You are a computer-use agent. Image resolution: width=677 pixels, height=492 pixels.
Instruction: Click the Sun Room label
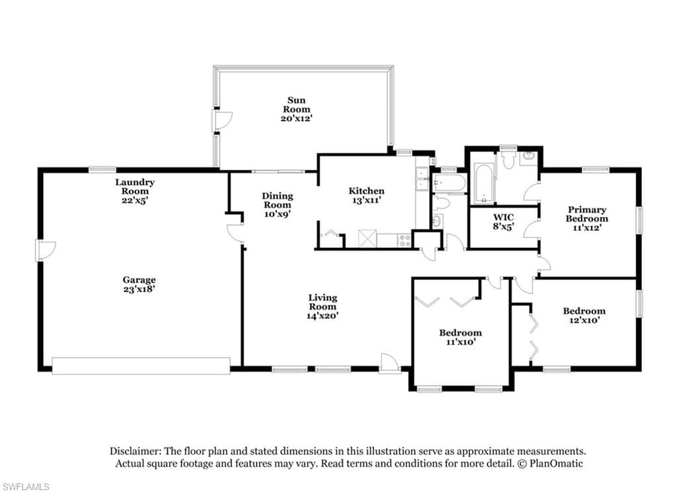pyautogui.click(x=296, y=109)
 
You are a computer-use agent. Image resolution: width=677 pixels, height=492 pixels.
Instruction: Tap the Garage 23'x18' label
pyautogui.click(x=139, y=284)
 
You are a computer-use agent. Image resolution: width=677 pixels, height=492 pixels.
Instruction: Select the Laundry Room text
pyautogui.click(x=135, y=186)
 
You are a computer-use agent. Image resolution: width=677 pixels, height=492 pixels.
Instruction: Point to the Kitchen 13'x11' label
pyautogui.click(x=366, y=195)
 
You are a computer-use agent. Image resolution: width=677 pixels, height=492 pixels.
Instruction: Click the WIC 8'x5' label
pyautogui.click(x=503, y=221)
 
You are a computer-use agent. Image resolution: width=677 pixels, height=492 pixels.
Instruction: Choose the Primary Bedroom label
pyautogui.click(x=587, y=214)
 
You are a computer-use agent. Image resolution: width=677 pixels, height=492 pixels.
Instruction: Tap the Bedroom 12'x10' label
pyautogui.click(x=584, y=315)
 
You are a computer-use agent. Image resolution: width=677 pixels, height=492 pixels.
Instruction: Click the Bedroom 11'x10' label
pyautogui.click(x=460, y=337)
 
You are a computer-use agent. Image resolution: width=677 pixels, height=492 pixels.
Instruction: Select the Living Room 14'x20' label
pyautogui.click(x=323, y=306)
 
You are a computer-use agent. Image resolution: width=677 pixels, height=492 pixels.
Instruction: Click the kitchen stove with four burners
pyautogui.click(x=405, y=241)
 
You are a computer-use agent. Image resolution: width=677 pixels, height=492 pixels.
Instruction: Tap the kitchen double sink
pyautogui.click(x=421, y=179)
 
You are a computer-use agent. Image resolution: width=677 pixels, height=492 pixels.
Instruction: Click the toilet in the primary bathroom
pyautogui.click(x=508, y=157)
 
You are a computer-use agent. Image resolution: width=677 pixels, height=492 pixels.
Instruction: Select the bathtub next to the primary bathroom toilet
pyautogui.click(x=483, y=183)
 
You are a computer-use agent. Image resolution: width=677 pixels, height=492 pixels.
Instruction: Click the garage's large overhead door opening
pyautogui.click(x=141, y=365)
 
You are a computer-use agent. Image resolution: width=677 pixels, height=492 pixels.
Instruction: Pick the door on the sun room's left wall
pyautogui.click(x=221, y=121)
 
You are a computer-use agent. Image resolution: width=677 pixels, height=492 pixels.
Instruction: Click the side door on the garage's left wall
pyautogui.click(x=46, y=251)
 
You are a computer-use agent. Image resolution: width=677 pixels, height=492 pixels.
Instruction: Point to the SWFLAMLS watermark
pyautogui.click(x=26, y=487)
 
